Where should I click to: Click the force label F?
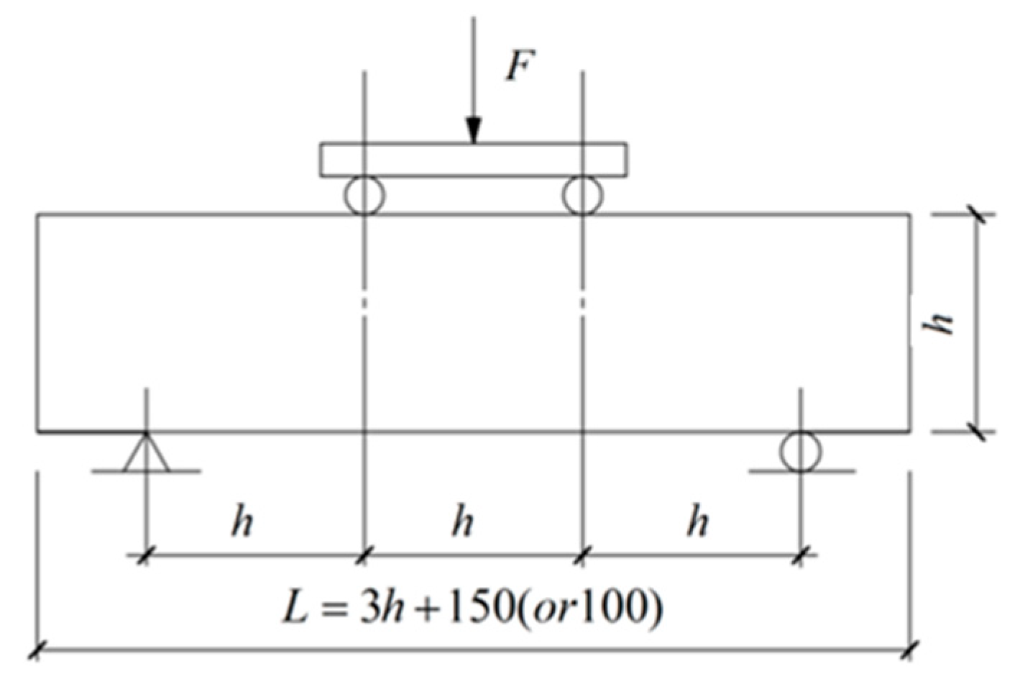click(x=520, y=67)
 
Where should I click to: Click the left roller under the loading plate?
click(x=364, y=195)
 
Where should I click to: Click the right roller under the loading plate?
click(x=582, y=195)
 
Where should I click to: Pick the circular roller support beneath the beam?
click(x=801, y=451)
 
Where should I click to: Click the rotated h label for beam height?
click(x=939, y=323)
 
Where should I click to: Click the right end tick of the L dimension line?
click(x=911, y=650)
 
